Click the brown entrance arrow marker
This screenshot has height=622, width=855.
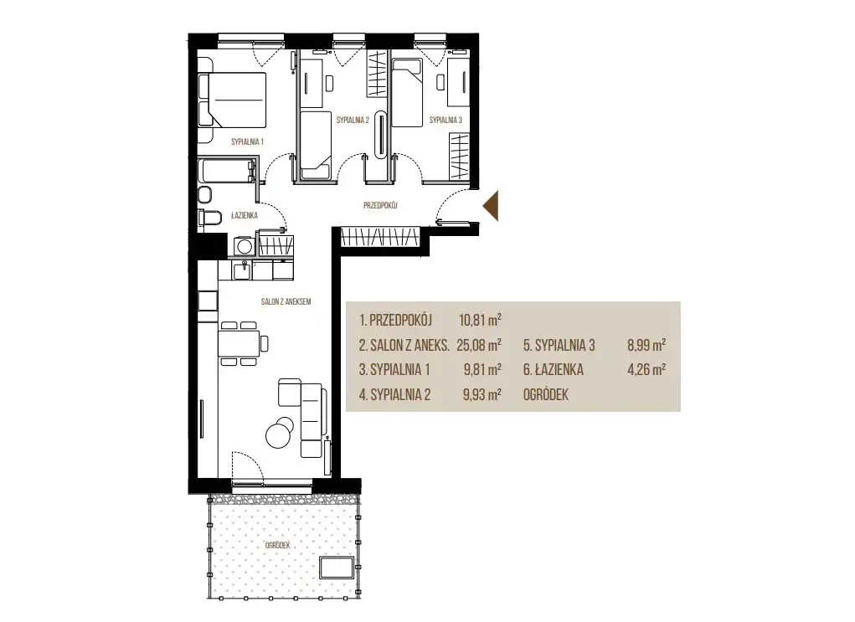492,206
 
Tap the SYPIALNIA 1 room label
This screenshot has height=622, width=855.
247,141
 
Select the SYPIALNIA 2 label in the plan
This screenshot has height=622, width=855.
353,120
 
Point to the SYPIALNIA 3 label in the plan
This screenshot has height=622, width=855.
446,120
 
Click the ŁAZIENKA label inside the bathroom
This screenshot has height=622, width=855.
245,215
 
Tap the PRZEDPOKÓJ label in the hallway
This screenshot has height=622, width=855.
380,205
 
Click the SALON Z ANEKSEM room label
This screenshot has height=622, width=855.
286,301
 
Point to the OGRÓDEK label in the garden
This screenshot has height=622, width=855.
277,545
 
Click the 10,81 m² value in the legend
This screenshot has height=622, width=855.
480,320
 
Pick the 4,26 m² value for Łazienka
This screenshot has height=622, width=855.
646,370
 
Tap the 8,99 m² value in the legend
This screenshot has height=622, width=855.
646,345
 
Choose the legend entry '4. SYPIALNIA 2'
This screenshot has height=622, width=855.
394,394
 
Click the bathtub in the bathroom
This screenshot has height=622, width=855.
227,171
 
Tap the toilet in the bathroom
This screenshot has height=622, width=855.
209,218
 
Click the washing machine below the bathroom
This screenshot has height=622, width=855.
245,246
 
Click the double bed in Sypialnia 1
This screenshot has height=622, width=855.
232,100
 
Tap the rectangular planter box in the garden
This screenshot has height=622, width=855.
337,568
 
